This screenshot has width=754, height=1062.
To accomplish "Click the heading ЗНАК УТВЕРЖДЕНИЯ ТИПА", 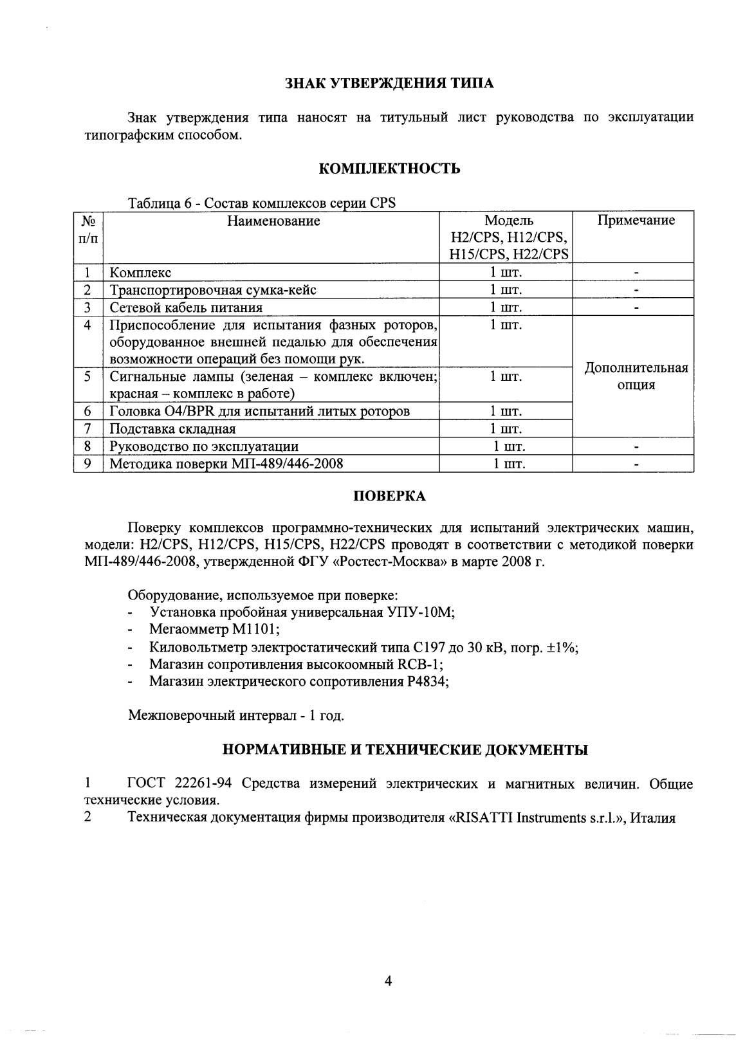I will (x=389, y=84).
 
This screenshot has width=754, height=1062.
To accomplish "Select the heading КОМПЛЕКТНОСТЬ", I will (x=389, y=169).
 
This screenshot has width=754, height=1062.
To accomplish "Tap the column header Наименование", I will (x=273, y=221).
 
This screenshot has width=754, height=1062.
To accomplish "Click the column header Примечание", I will (x=636, y=221).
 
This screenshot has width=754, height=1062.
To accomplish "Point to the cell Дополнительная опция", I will (x=636, y=376).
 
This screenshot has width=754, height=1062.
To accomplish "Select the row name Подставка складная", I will (x=172, y=429).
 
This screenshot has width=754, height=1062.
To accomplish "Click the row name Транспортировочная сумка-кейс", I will (x=212, y=290).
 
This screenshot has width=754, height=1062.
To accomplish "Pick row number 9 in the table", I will (x=88, y=463).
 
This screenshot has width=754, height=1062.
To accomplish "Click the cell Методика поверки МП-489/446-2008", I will (x=226, y=464).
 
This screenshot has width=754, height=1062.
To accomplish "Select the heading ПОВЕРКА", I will (x=389, y=497).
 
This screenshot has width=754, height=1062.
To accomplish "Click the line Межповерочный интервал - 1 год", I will (x=236, y=715).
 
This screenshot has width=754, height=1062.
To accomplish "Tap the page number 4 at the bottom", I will (x=388, y=981).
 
